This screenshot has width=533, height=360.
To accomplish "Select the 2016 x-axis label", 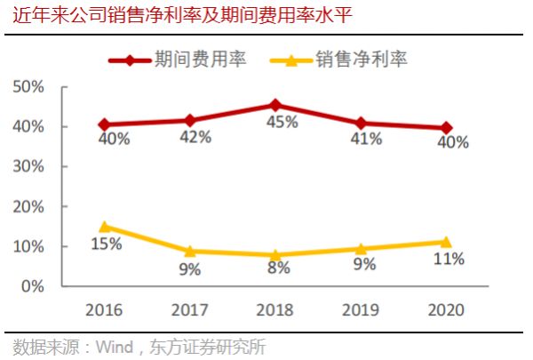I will [105, 310].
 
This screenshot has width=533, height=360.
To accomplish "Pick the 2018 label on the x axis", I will [275, 310].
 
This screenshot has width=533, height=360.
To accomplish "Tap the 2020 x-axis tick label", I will [446, 310].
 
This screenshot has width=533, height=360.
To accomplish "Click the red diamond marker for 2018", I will [275, 105].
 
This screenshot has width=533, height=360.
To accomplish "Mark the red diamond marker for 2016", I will [105, 124].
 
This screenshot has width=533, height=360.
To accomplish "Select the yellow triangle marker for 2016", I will [105, 227].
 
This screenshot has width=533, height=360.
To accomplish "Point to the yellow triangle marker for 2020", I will [446, 241].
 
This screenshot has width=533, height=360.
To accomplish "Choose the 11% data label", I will [449, 260].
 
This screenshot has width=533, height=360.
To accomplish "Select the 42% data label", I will [195, 137].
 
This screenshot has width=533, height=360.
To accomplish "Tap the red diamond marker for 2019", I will [361, 123].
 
